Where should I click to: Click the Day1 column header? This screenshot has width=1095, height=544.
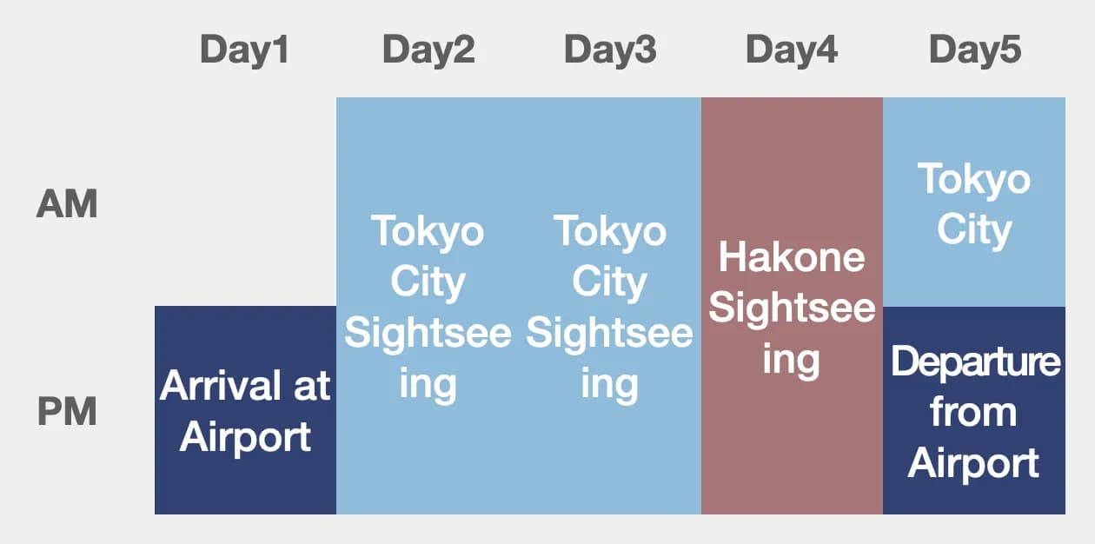tap(243, 50)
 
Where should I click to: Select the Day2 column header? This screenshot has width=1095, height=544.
tap(428, 50)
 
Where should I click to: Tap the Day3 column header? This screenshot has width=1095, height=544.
tap(610, 50)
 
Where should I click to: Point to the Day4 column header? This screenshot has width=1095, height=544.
tap(792, 50)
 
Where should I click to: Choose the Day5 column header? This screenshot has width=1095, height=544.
tap(974, 50)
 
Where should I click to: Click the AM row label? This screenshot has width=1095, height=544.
tap(67, 205)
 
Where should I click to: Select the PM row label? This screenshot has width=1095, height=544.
tap(67, 412)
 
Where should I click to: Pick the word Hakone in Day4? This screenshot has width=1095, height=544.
tap(792, 257)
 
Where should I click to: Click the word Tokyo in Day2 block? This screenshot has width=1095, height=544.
tap(428, 231)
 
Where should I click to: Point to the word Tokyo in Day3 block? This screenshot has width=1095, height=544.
tap(610, 231)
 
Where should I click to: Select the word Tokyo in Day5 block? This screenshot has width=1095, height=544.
tap(974, 180)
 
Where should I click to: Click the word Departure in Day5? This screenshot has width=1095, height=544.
tap(975, 362)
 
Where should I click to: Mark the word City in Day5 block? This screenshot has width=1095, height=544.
tap(974, 230)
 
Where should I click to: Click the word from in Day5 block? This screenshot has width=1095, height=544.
tap(973, 412)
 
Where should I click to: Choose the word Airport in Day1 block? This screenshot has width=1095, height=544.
tap(245, 436)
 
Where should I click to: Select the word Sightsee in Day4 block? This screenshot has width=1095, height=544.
tap(792, 308)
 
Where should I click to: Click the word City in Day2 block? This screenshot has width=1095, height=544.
tap(428, 282)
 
